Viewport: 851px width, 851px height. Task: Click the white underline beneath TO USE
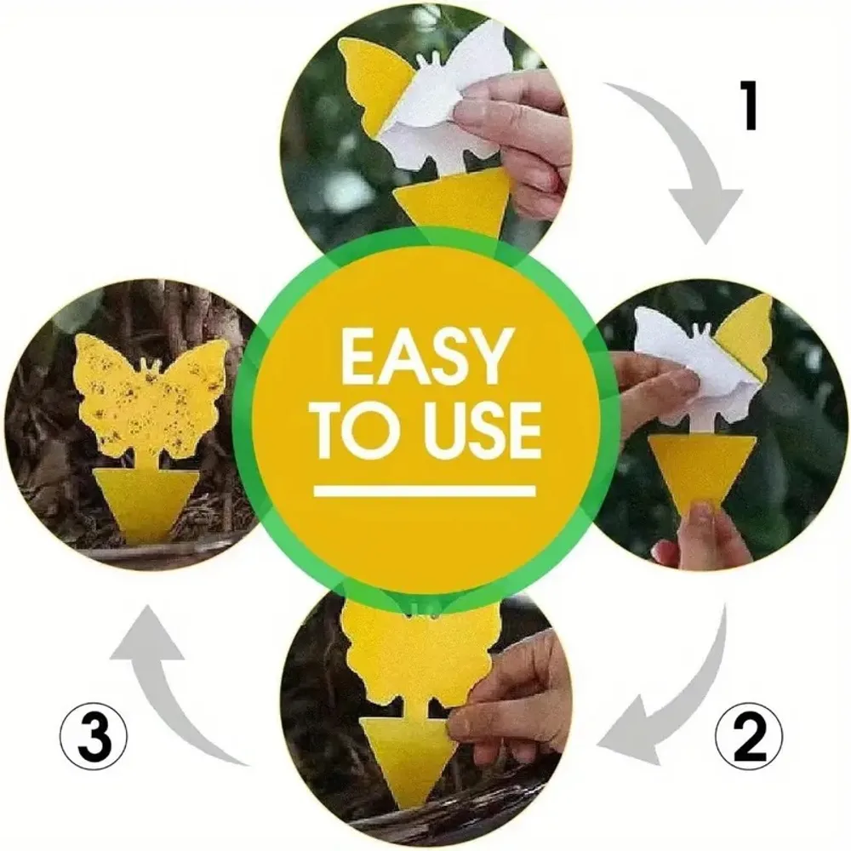[x=425, y=491]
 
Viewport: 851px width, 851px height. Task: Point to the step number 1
[x=749, y=106]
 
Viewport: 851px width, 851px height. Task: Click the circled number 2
[x=748, y=737]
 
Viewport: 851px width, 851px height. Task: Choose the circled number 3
[x=94, y=737]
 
